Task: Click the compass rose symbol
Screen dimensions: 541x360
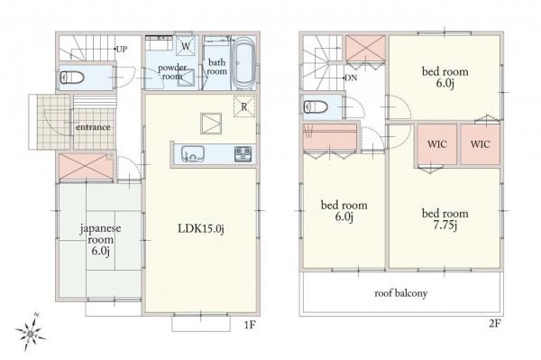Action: (x=31, y=334)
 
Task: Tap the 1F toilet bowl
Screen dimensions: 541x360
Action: (x=72, y=78)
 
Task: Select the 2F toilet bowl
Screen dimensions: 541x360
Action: (x=316, y=106)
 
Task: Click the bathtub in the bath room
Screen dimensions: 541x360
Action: (x=243, y=63)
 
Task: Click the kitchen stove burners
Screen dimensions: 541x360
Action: (x=243, y=153)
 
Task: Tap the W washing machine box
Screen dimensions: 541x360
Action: (x=186, y=45)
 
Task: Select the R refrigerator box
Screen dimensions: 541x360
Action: (x=244, y=106)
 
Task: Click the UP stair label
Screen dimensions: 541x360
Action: (x=122, y=49)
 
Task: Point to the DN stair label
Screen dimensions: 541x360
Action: (x=351, y=78)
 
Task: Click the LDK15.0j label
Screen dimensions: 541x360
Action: (x=201, y=228)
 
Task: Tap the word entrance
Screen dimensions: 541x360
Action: (x=93, y=127)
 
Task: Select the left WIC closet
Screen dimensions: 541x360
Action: (x=437, y=144)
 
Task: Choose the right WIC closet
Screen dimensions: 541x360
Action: (x=481, y=144)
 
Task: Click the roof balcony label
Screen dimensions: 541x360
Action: (x=401, y=293)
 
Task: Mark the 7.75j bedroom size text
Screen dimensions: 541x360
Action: (x=445, y=226)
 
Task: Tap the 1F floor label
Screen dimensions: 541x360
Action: (x=250, y=325)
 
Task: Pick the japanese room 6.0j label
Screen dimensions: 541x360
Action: (x=100, y=239)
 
